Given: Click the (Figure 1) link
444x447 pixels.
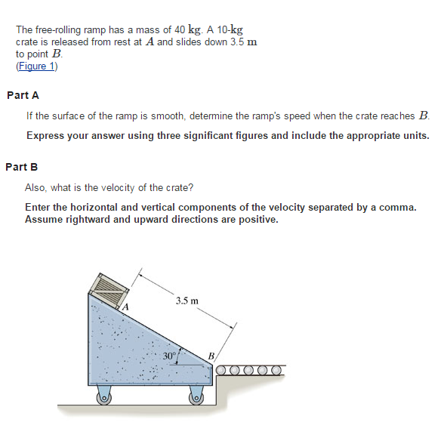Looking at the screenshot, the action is point(36,66).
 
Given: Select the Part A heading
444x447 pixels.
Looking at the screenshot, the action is point(23,96).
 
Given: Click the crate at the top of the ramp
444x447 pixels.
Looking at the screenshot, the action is point(105,289).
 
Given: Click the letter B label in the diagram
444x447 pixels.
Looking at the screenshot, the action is point(211,356).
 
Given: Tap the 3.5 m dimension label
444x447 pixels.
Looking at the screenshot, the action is point(187,301).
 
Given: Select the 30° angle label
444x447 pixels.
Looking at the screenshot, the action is point(169,354).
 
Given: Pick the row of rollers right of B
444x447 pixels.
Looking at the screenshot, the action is point(249,371).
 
